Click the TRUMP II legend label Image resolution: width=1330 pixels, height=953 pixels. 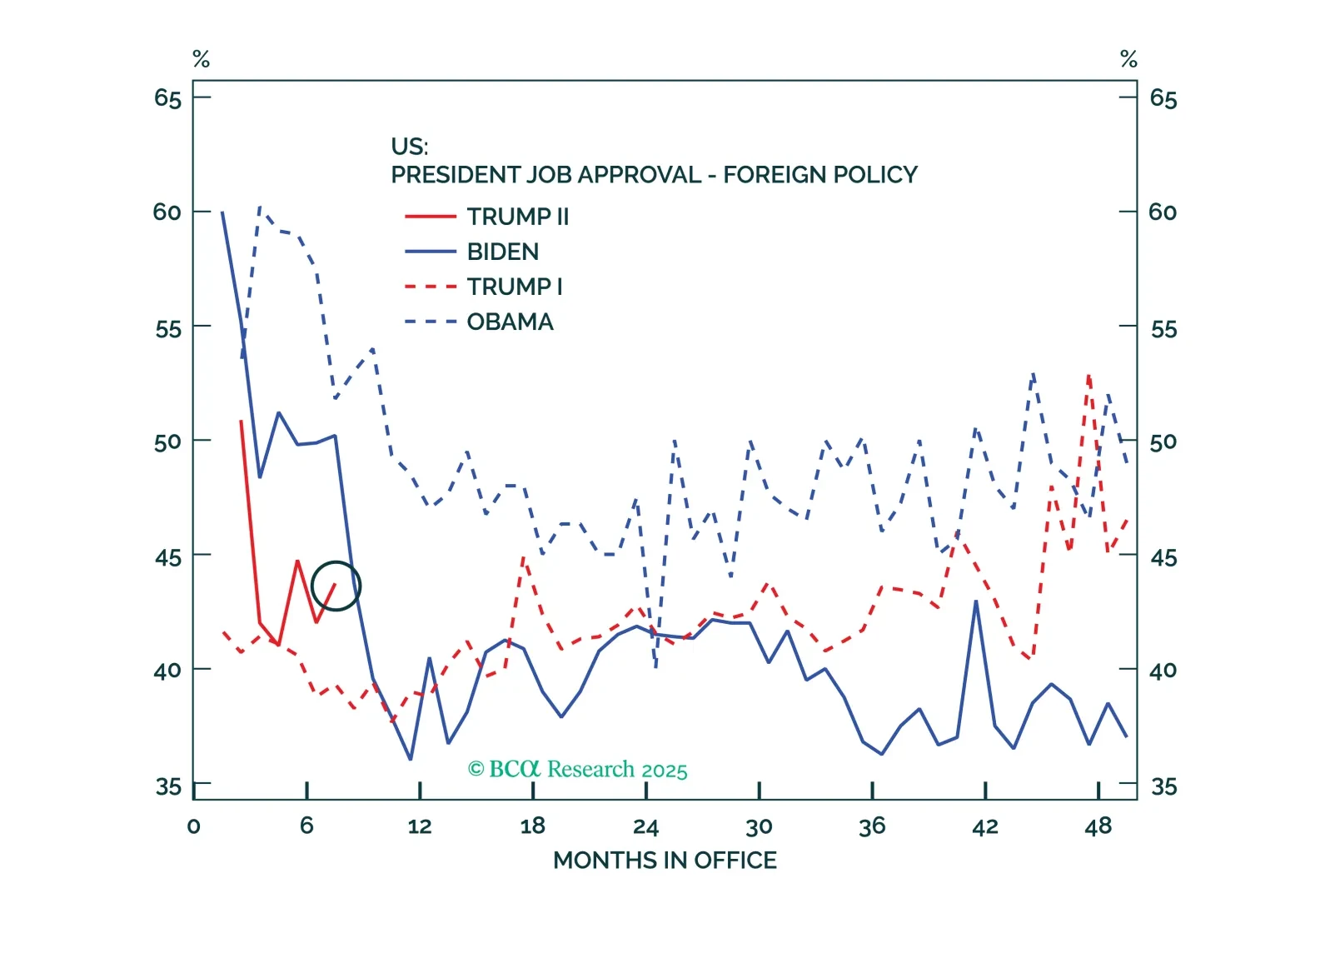pyautogui.click(x=517, y=217)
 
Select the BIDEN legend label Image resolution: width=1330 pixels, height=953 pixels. pyautogui.click(x=502, y=252)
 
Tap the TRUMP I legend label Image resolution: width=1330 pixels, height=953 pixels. pyautogui.click(x=514, y=287)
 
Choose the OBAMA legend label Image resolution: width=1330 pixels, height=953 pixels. pyautogui.click(x=510, y=322)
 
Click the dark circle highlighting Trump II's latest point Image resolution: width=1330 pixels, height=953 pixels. pyautogui.click(x=336, y=586)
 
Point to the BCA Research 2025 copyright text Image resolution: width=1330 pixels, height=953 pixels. pyautogui.click(x=578, y=769)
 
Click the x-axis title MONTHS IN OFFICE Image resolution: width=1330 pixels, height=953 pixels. pyautogui.click(x=665, y=860)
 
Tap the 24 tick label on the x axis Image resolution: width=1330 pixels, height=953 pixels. pyautogui.click(x=645, y=826)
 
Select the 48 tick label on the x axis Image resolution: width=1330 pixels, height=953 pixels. pyautogui.click(x=1098, y=826)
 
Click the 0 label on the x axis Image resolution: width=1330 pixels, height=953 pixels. pyautogui.click(x=193, y=826)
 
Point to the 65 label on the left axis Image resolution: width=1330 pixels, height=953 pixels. pyautogui.click(x=167, y=98)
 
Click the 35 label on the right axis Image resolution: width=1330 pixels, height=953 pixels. pyautogui.click(x=1163, y=786)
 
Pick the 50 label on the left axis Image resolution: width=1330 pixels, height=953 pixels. pyautogui.click(x=167, y=442)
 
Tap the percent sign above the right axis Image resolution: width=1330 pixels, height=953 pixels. pyautogui.click(x=1128, y=59)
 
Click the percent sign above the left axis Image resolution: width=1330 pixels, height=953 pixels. pyautogui.click(x=201, y=59)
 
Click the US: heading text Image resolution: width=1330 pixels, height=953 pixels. pyautogui.click(x=409, y=147)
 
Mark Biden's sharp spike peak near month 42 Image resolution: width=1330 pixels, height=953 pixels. pyautogui.click(x=976, y=601)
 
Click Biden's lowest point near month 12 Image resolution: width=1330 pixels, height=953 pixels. pyautogui.click(x=411, y=759)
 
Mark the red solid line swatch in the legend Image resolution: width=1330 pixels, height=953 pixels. pyautogui.click(x=431, y=217)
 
